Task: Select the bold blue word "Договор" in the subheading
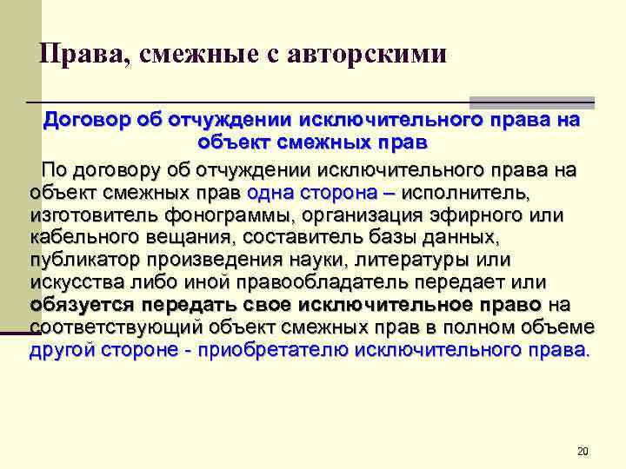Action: (87, 121)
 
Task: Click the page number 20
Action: (583, 451)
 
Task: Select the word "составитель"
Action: (294, 236)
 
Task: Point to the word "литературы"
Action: (417, 259)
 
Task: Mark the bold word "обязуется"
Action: (81, 305)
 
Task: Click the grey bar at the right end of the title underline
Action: (531, 102)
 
